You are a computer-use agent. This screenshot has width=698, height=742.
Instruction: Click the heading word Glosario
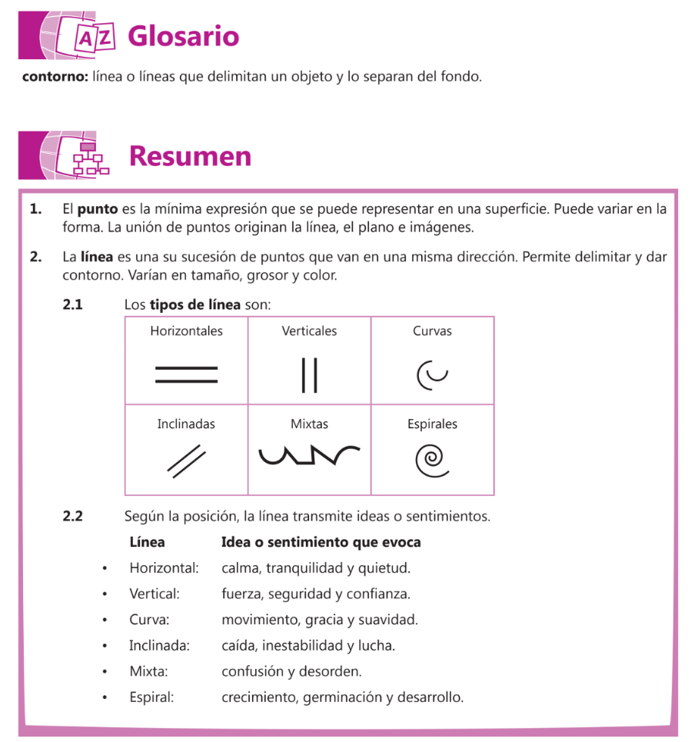click(183, 36)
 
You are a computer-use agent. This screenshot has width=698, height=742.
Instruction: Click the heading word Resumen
click(190, 156)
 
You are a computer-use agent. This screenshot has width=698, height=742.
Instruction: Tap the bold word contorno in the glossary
click(54, 77)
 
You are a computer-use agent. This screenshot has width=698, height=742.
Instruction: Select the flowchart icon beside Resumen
click(88, 158)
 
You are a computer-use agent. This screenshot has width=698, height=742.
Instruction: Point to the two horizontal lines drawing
click(186, 374)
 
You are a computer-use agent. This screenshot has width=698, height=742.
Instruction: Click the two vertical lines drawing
click(309, 374)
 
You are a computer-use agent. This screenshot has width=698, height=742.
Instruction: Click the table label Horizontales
click(186, 331)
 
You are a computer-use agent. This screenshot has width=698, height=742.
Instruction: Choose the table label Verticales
click(309, 331)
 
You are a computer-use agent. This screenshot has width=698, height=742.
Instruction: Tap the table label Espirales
click(432, 424)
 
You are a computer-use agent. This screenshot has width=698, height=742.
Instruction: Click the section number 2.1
click(72, 304)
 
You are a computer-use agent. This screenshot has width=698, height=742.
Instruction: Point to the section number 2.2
click(72, 517)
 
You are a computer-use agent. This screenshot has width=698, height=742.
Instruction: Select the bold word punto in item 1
click(97, 209)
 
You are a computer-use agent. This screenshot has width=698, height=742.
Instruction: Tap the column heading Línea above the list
click(147, 543)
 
